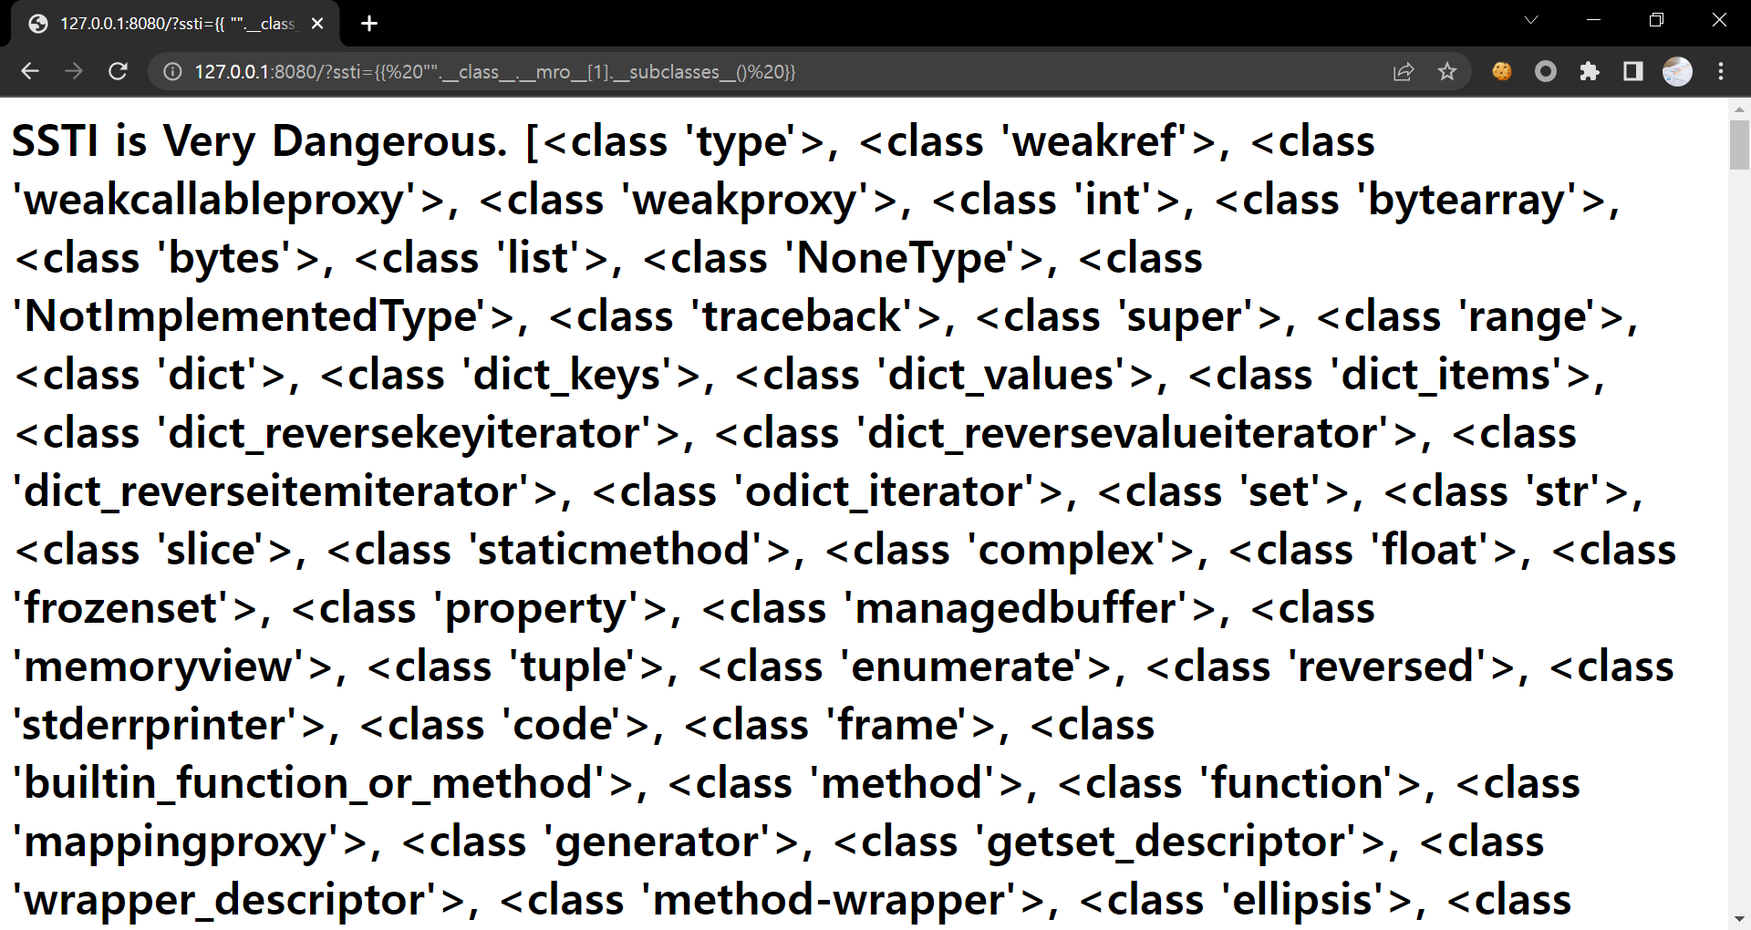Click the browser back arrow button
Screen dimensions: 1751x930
click(30, 71)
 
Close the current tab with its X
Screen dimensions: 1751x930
click(317, 24)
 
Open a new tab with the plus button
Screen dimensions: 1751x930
click(369, 24)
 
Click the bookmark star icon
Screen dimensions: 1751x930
click(1447, 71)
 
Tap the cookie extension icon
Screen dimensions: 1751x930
click(1501, 71)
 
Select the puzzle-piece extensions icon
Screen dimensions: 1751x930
click(1590, 71)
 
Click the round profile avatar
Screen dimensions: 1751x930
click(1677, 71)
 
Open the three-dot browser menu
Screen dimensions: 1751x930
click(1721, 71)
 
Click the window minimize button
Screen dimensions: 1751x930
click(1593, 20)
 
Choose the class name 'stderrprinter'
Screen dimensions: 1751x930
click(156, 726)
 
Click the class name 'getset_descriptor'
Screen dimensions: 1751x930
click(1166, 842)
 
